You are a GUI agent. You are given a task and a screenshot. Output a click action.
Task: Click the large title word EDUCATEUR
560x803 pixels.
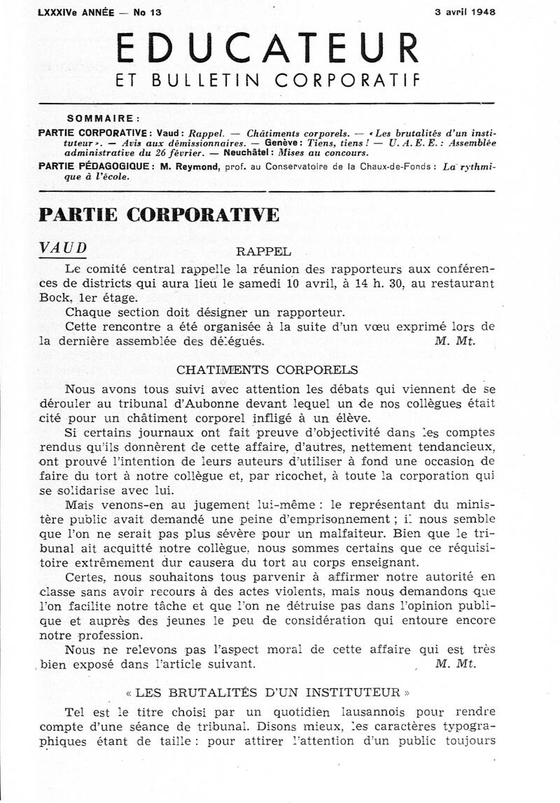click(268, 48)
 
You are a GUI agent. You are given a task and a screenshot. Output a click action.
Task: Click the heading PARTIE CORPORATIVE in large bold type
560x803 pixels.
click(160, 214)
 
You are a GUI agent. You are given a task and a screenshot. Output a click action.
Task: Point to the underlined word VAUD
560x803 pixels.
click(64, 249)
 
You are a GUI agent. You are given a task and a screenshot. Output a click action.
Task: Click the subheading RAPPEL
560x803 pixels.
click(264, 251)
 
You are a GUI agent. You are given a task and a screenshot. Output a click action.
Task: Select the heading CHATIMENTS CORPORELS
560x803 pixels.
click(267, 370)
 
